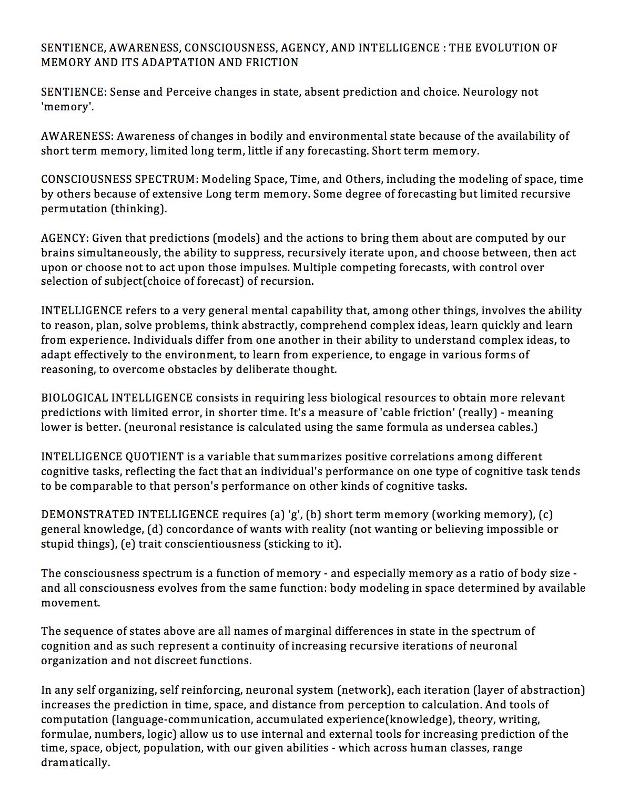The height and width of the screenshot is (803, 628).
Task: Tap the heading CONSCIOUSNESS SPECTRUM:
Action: [x=120, y=179]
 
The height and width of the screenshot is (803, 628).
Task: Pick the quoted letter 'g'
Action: [x=294, y=514]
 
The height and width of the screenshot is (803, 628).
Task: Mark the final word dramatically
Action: [x=75, y=763]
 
